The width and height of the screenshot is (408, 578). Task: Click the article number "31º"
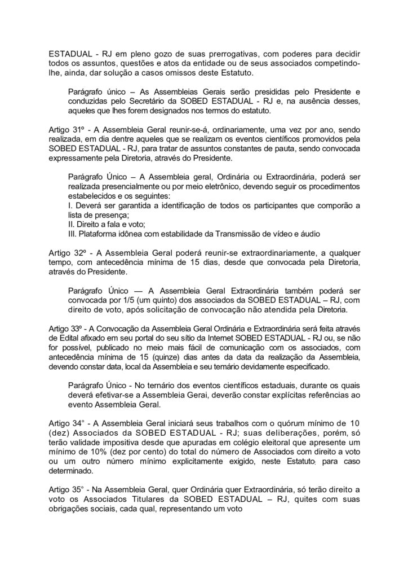click(81, 129)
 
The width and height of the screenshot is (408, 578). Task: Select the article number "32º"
click(81, 253)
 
